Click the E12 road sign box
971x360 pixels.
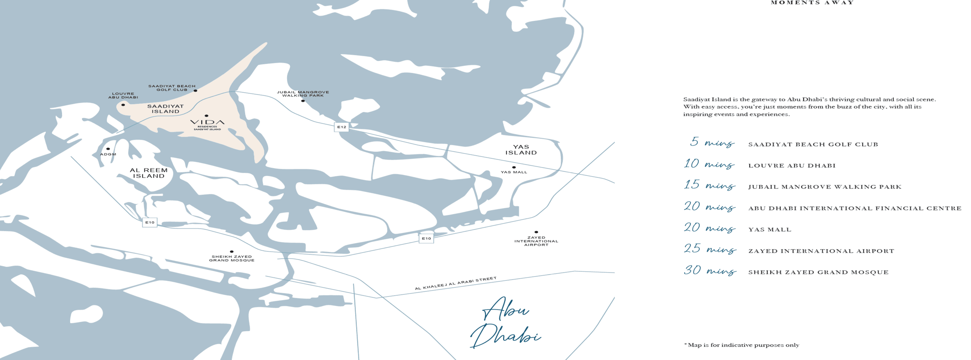[341, 127]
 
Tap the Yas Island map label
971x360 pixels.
[521, 150]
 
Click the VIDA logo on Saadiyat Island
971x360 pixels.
[207, 122]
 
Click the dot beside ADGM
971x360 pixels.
[108, 149]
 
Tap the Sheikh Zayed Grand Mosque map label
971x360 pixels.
[231, 258]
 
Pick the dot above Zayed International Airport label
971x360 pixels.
[536, 232]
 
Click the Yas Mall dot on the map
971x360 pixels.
[514, 167]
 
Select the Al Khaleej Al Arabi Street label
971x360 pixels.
[455, 283]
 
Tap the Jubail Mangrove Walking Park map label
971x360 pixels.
[303, 93]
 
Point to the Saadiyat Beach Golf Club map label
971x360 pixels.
[172, 88]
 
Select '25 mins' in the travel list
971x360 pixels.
[710, 249]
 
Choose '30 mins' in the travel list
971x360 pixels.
[710, 270]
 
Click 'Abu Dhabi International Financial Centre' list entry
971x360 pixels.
[855, 208]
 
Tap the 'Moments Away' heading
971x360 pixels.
[812, 3]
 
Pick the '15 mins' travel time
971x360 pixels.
[709, 185]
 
